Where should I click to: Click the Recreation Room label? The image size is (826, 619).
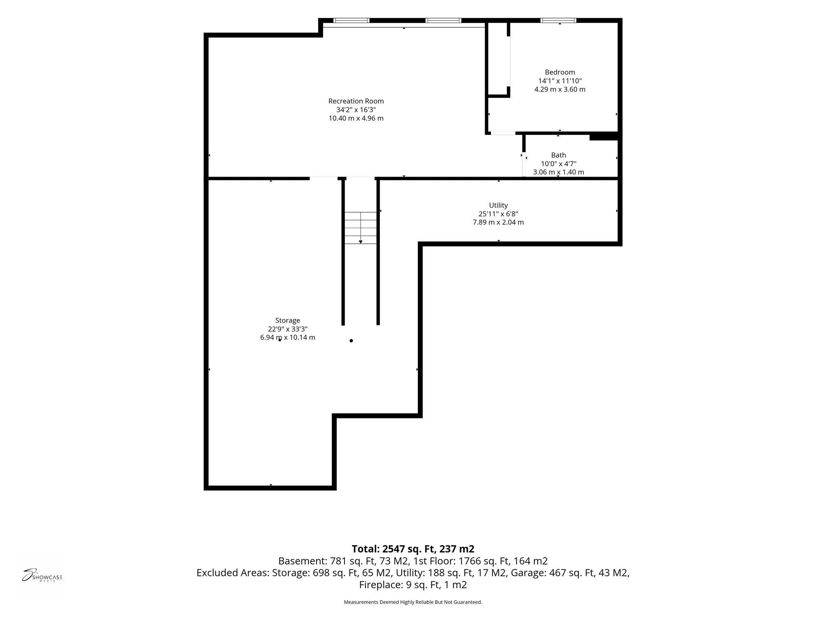[x=356, y=101]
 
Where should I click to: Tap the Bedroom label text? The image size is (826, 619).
[x=560, y=72]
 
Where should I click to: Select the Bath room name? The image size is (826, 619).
[x=559, y=155]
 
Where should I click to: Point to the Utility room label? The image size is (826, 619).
[x=498, y=205]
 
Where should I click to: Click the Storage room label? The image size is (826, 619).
[x=288, y=321]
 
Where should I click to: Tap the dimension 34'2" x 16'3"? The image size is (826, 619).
[x=356, y=110]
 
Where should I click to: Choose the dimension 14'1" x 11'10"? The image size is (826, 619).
[x=560, y=81]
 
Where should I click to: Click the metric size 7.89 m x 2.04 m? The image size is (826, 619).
[x=498, y=222]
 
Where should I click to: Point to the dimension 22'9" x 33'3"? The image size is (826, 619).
[x=288, y=329]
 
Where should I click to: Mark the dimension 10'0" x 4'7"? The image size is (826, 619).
[x=559, y=164]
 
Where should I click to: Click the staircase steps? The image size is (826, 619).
[x=361, y=228]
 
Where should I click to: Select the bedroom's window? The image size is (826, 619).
[x=558, y=21]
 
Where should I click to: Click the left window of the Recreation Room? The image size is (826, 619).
[x=351, y=21]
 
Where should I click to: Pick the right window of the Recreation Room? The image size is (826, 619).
[x=443, y=21]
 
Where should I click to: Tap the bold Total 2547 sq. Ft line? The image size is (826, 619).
[x=413, y=549]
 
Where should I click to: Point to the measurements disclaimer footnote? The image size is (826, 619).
[x=413, y=602]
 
